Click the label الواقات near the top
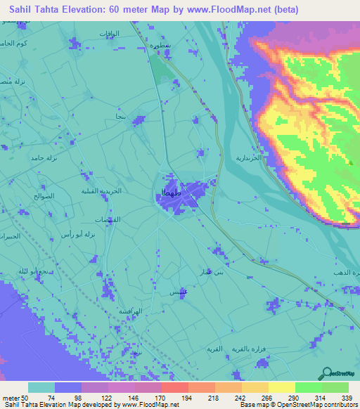(x=110, y=34)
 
